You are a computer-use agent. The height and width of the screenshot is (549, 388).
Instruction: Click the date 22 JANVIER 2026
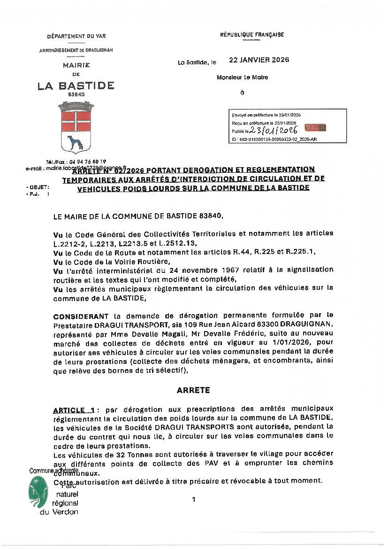pos(259,60)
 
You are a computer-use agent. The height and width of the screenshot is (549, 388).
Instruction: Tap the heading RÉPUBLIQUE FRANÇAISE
pos(252,35)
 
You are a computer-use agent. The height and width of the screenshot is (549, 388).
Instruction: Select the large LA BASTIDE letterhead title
pos(76,85)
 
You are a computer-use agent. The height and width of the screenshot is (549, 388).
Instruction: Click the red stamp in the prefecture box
pos(315,128)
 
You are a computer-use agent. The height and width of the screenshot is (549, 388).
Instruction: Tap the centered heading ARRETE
pos(193,390)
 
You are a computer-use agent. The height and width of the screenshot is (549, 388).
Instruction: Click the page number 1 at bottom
pos(193,500)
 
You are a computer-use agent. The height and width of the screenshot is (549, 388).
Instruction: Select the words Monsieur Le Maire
pos(242,77)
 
